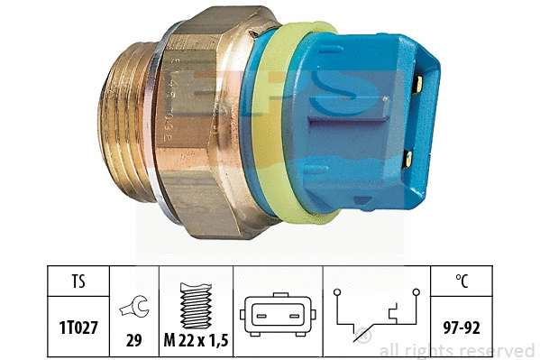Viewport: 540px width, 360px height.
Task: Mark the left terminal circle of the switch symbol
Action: (x=335, y=293)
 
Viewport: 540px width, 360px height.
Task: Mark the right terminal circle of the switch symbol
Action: (x=417, y=293)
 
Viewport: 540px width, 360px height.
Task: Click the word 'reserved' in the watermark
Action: (x=501, y=351)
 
